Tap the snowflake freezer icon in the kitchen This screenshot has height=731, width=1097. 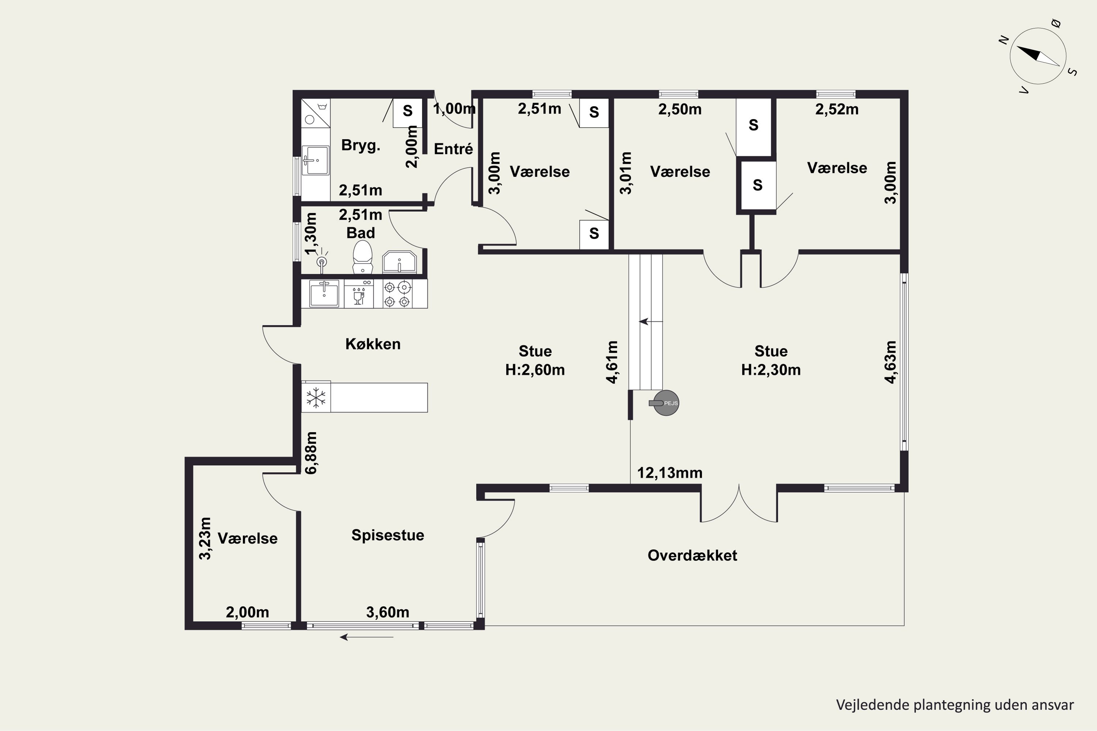point(316,398)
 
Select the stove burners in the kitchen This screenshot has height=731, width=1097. point(397,294)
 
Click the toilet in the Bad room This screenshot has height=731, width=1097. point(362,257)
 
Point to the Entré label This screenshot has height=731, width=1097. point(453,149)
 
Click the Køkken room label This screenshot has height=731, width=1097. point(373,344)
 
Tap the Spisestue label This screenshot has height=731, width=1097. point(388,535)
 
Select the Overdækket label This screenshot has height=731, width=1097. point(692,555)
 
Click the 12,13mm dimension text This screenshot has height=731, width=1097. point(670,473)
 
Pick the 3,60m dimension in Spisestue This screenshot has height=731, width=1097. point(388,612)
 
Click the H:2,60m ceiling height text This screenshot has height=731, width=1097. point(535,370)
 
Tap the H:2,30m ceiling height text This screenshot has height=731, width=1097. point(771,370)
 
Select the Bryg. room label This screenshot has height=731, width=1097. point(361,145)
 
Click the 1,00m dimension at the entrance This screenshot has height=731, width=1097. point(454,109)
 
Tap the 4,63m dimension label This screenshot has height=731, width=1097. point(890,362)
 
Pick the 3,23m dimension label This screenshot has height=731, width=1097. point(205,538)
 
